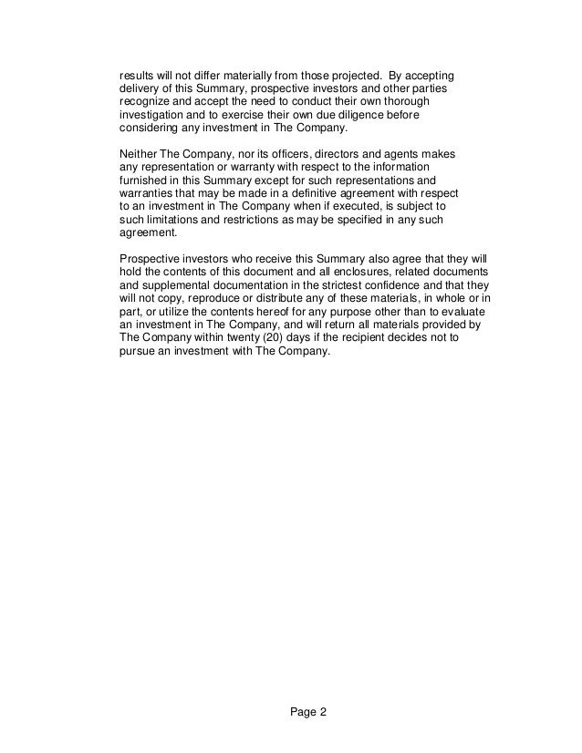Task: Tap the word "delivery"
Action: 140,88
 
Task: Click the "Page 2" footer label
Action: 290,714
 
